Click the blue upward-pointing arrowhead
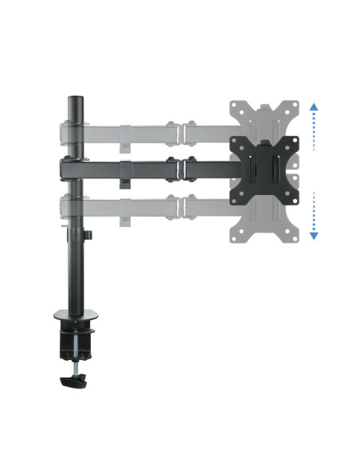(x=314, y=106)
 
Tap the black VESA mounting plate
(x=262, y=168)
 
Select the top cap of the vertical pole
(x=76, y=100)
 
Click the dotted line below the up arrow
(x=314, y=131)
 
